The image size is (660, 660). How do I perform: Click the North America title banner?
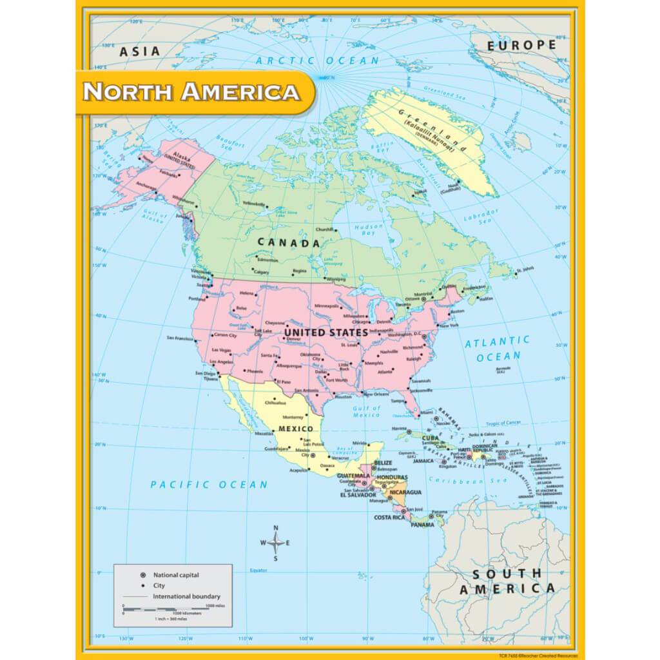coord(191,92)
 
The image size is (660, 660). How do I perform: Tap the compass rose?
coord(275,543)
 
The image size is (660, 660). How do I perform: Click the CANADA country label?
coord(289,243)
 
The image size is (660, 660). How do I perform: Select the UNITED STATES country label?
coord(326,333)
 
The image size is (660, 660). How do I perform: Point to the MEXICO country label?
coord(295,429)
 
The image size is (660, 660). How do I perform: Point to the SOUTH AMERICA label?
coord(507,581)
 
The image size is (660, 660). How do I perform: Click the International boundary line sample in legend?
coord(135,597)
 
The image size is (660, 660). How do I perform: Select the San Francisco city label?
coord(180,338)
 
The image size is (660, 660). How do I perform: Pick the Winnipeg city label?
coord(335,280)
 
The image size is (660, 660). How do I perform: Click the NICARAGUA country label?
coord(405,493)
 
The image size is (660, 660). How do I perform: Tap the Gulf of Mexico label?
coord(367,411)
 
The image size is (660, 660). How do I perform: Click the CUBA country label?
coord(430,438)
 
